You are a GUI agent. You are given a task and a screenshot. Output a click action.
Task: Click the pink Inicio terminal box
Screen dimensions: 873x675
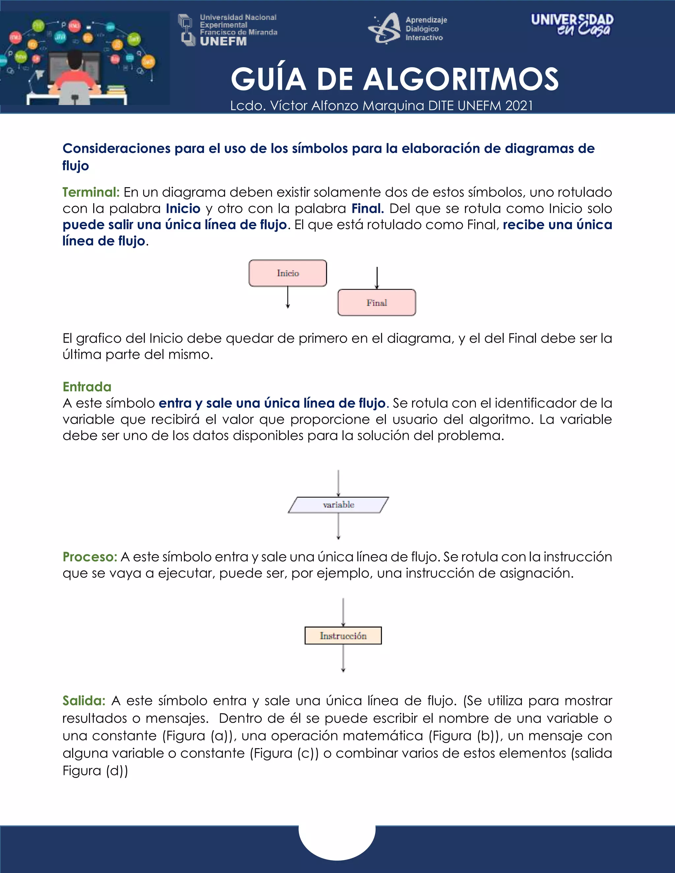[x=287, y=273]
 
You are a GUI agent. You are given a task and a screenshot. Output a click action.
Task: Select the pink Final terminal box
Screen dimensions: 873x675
[x=377, y=303]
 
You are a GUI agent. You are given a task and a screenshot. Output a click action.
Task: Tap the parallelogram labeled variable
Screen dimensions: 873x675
[x=338, y=505]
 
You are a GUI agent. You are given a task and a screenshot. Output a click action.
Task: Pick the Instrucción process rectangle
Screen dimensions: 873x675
[x=343, y=635]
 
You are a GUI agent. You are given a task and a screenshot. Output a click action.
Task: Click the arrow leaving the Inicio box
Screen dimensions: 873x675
[x=287, y=297]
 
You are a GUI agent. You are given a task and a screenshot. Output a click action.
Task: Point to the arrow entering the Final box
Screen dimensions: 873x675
[x=377, y=278]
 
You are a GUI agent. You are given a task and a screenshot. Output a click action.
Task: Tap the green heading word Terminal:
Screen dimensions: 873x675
[x=91, y=192]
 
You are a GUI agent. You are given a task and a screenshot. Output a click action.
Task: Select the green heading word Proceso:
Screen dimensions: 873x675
[x=90, y=557]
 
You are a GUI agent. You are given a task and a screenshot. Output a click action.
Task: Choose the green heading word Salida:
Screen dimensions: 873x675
[x=84, y=700]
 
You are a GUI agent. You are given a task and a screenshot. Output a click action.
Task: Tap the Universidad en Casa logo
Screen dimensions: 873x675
[x=572, y=25]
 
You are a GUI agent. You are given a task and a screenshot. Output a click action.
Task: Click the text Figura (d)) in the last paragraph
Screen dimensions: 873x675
[x=95, y=770]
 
